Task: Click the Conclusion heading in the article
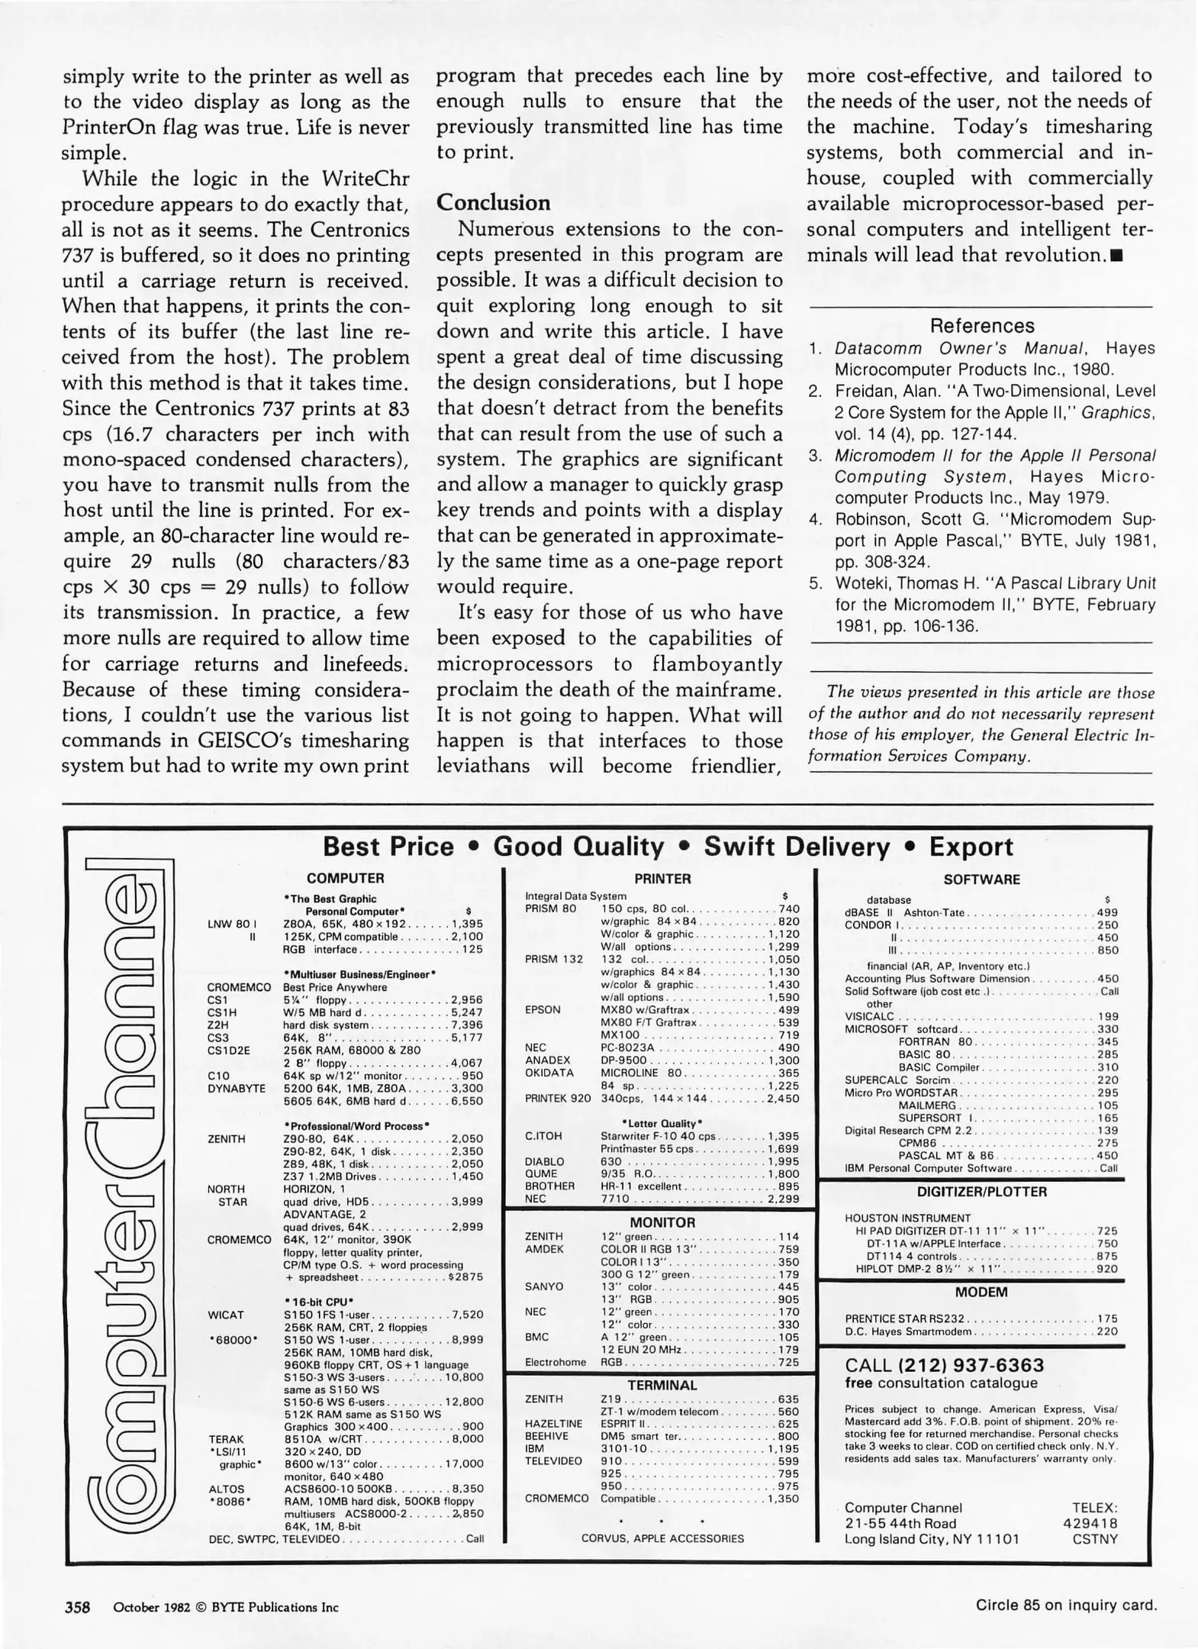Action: click(x=493, y=203)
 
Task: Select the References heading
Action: click(x=981, y=326)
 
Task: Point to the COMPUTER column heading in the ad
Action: click(x=345, y=879)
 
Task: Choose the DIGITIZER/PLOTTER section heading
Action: click(x=981, y=1192)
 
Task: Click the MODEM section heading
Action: click(x=981, y=1292)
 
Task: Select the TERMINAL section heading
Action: click(x=662, y=1385)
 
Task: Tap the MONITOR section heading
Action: click(x=662, y=1222)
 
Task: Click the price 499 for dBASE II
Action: click(x=1107, y=913)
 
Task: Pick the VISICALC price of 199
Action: click(x=1107, y=1017)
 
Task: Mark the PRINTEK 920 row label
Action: click(x=558, y=1099)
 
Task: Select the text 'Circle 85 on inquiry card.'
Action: click(x=1066, y=1605)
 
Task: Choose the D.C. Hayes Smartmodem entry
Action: click(x=908, y=1332)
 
